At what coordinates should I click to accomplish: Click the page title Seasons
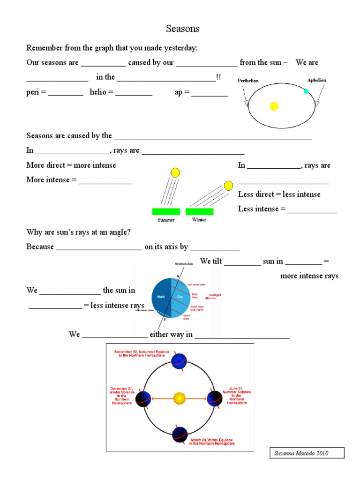click(x=183, y=29)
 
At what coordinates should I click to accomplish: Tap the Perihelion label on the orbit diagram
click(x=248, y=81)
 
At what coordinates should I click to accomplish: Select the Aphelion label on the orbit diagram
click(x=316, y=80)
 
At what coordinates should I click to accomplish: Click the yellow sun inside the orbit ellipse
click(x=274, y=106)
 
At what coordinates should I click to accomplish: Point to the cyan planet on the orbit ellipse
click(x=306, y=91)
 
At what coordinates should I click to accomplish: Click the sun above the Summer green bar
click(x=175, y=172)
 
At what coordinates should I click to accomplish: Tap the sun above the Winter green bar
click(x=228, y=186)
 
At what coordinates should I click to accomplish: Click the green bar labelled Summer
click(x=166, y=211)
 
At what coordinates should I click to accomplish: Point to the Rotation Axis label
click(x=184, y=264)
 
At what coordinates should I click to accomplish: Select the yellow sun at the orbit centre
click(x=180, y=398)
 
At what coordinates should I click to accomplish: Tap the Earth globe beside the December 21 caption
click(x=143, y=398)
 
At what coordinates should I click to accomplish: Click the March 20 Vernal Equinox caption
click(x=212, y=442)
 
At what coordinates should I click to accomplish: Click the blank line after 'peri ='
click(x=66, y=93)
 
